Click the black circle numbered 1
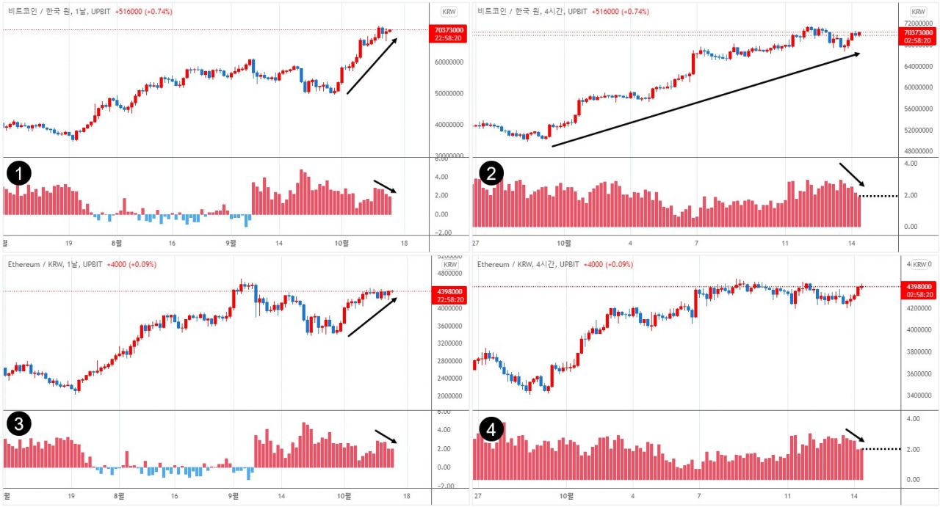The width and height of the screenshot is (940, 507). (x=18, y=174)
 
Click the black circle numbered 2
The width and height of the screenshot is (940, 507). (x=491, y=174)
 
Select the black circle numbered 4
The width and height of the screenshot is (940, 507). (x=491, y=428)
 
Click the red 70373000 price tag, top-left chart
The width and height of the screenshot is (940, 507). (x=447, y=34)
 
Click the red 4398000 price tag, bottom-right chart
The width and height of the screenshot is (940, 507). (x=918, y=290)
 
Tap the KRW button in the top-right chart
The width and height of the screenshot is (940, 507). (x=918, y=12)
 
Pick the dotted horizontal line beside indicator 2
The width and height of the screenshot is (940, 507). (x=878, y=196)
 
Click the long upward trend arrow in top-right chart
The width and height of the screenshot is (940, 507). (x=705, y=101)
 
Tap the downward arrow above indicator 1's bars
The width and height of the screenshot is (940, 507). (x=386, y=186)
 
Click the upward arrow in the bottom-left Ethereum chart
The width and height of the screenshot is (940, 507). (x=372, y=317)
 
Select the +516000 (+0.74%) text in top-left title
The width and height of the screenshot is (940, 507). (x=144, y=12)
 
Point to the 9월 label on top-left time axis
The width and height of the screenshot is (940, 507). (x=231, y=242)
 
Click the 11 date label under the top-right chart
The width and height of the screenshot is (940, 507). (x=785, y=242)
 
